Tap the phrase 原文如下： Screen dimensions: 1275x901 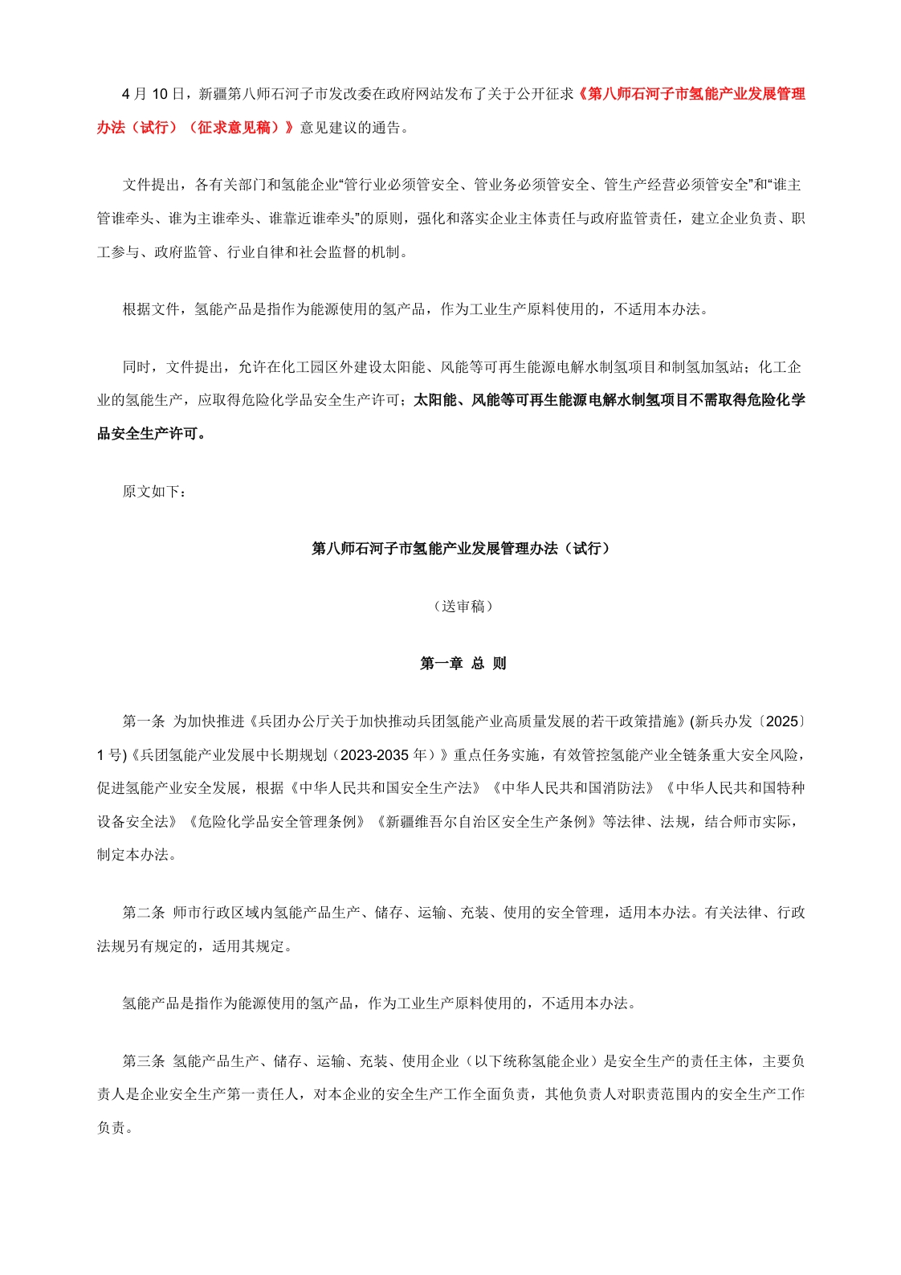(x=154, y=491)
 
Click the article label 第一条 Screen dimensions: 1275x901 (x=143, y=721)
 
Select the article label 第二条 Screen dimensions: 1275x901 (x=143, y=913)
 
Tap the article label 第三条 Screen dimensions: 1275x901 (x=143, y=1061)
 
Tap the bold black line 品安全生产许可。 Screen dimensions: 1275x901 (x=152, y=434)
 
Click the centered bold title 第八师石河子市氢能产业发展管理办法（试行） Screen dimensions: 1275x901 (x=463, y=549)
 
